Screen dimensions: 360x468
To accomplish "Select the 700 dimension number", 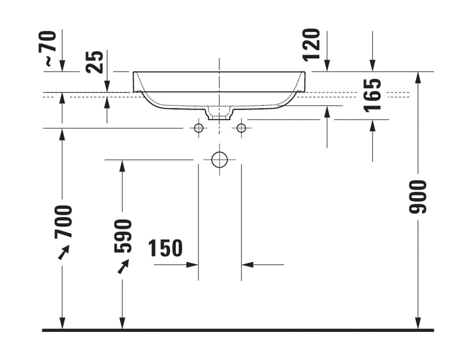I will click(63, 222).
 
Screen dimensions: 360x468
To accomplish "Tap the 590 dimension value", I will click(123, 236).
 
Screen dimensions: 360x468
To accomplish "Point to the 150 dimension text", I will click(166, 248).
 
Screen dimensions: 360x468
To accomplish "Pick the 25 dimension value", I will click(95, 62).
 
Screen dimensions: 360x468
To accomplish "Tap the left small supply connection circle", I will click(198, 128).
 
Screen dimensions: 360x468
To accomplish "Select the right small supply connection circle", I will click(241, 128).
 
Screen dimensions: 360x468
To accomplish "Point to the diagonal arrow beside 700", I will click(64, 252).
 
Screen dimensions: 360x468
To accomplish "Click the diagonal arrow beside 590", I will click(123, 267).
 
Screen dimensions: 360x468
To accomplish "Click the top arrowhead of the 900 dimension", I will click(418, 77).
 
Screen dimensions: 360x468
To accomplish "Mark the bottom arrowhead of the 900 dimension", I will click(418, 323).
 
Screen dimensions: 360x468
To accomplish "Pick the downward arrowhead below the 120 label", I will click(327, 66).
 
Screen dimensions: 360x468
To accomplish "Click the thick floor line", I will click(238, 330).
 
